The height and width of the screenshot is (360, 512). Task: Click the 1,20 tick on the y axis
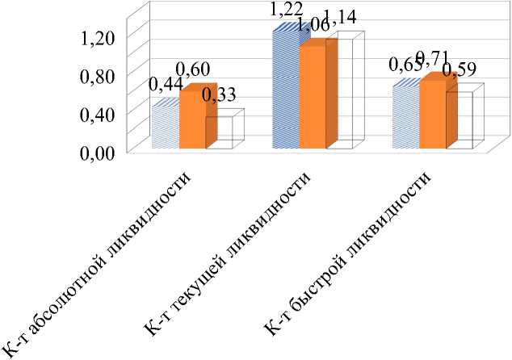pyautogui.click(x=98, y=36)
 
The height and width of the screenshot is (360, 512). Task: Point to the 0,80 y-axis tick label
pyautogui.click(x=98, y=75)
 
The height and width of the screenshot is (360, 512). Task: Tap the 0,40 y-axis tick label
pyautogui.click(x=98, y=113)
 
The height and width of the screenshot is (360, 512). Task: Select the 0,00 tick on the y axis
pyautogui.click(x=98, y=151)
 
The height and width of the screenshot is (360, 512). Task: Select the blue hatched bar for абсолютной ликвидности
pyautogui.click(x=166, y=128)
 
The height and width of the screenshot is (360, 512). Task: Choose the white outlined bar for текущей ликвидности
pyautogui.click(x=340, y=93)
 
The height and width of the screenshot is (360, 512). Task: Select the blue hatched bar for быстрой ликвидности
pyautogui.click(x=405, y=117)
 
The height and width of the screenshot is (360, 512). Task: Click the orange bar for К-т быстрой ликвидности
pyautogui.click(x=433, y=115)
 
